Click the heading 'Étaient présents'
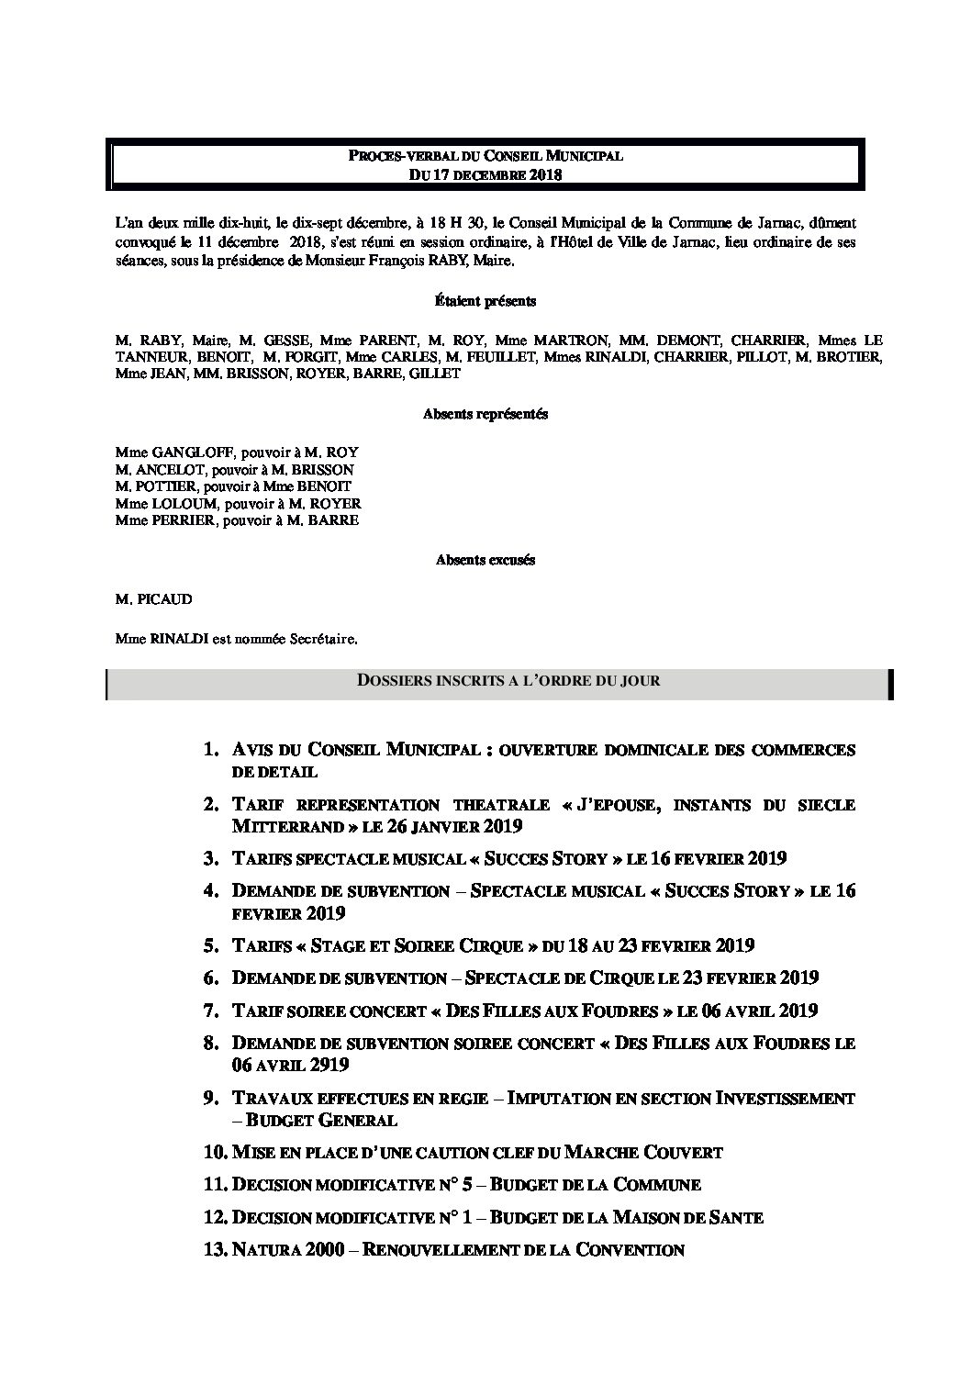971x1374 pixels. coord(485,301)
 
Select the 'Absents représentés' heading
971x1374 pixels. coord(485,414)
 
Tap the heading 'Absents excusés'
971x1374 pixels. coord(485,559)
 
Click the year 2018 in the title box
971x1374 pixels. coord(542,173)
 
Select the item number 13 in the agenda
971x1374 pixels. coord(216,1249)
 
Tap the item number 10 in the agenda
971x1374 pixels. coord(216,1152)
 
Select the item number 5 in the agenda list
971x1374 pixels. coord(212,945)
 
